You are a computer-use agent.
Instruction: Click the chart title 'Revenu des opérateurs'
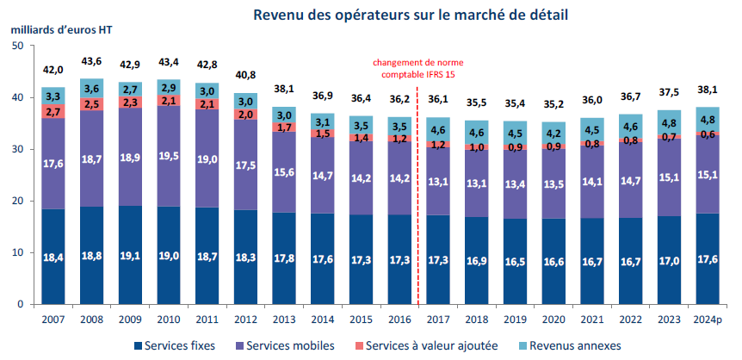(x=409, y=16)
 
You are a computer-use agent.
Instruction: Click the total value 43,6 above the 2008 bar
(x=91, y=61)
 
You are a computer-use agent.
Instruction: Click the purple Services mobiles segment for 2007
(x=53, y=164)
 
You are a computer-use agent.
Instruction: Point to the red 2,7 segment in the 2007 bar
(x=53, y=112)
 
